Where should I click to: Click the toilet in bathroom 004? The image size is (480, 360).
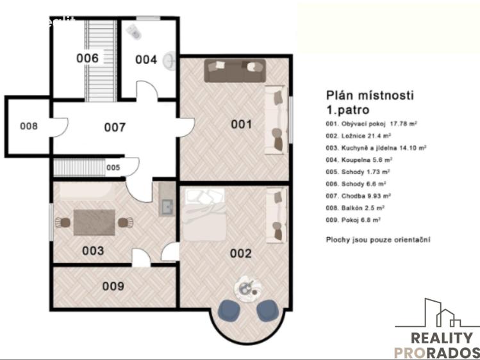coord(134,32)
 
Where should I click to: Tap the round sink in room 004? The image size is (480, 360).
coord(170,61)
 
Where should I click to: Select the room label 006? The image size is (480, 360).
coord(88,58)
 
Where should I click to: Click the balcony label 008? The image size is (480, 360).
coord(29,126)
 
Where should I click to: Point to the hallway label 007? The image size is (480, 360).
coord(115,127)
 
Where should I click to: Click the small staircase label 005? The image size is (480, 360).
coord(113,168)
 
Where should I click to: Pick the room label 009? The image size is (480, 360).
coord(113,286)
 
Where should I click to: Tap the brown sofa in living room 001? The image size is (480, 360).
coord(235,70)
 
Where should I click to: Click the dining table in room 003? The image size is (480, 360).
coord(94,222)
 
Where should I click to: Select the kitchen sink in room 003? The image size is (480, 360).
coord(167,207)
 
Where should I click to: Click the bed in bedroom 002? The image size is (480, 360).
coord(204,215)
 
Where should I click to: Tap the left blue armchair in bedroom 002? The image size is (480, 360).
coord(229,311)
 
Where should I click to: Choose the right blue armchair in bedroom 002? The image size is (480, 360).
coord(267,311)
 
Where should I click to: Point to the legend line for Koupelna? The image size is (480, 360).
coord(359,160)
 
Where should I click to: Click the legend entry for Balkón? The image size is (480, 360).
coord(355,208)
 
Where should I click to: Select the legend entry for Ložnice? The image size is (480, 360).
coord(358,136)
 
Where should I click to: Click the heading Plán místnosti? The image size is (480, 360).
coord(370,95)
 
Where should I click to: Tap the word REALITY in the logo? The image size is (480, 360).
coord(442,338)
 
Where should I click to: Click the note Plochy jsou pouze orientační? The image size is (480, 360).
coord(378,240)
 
